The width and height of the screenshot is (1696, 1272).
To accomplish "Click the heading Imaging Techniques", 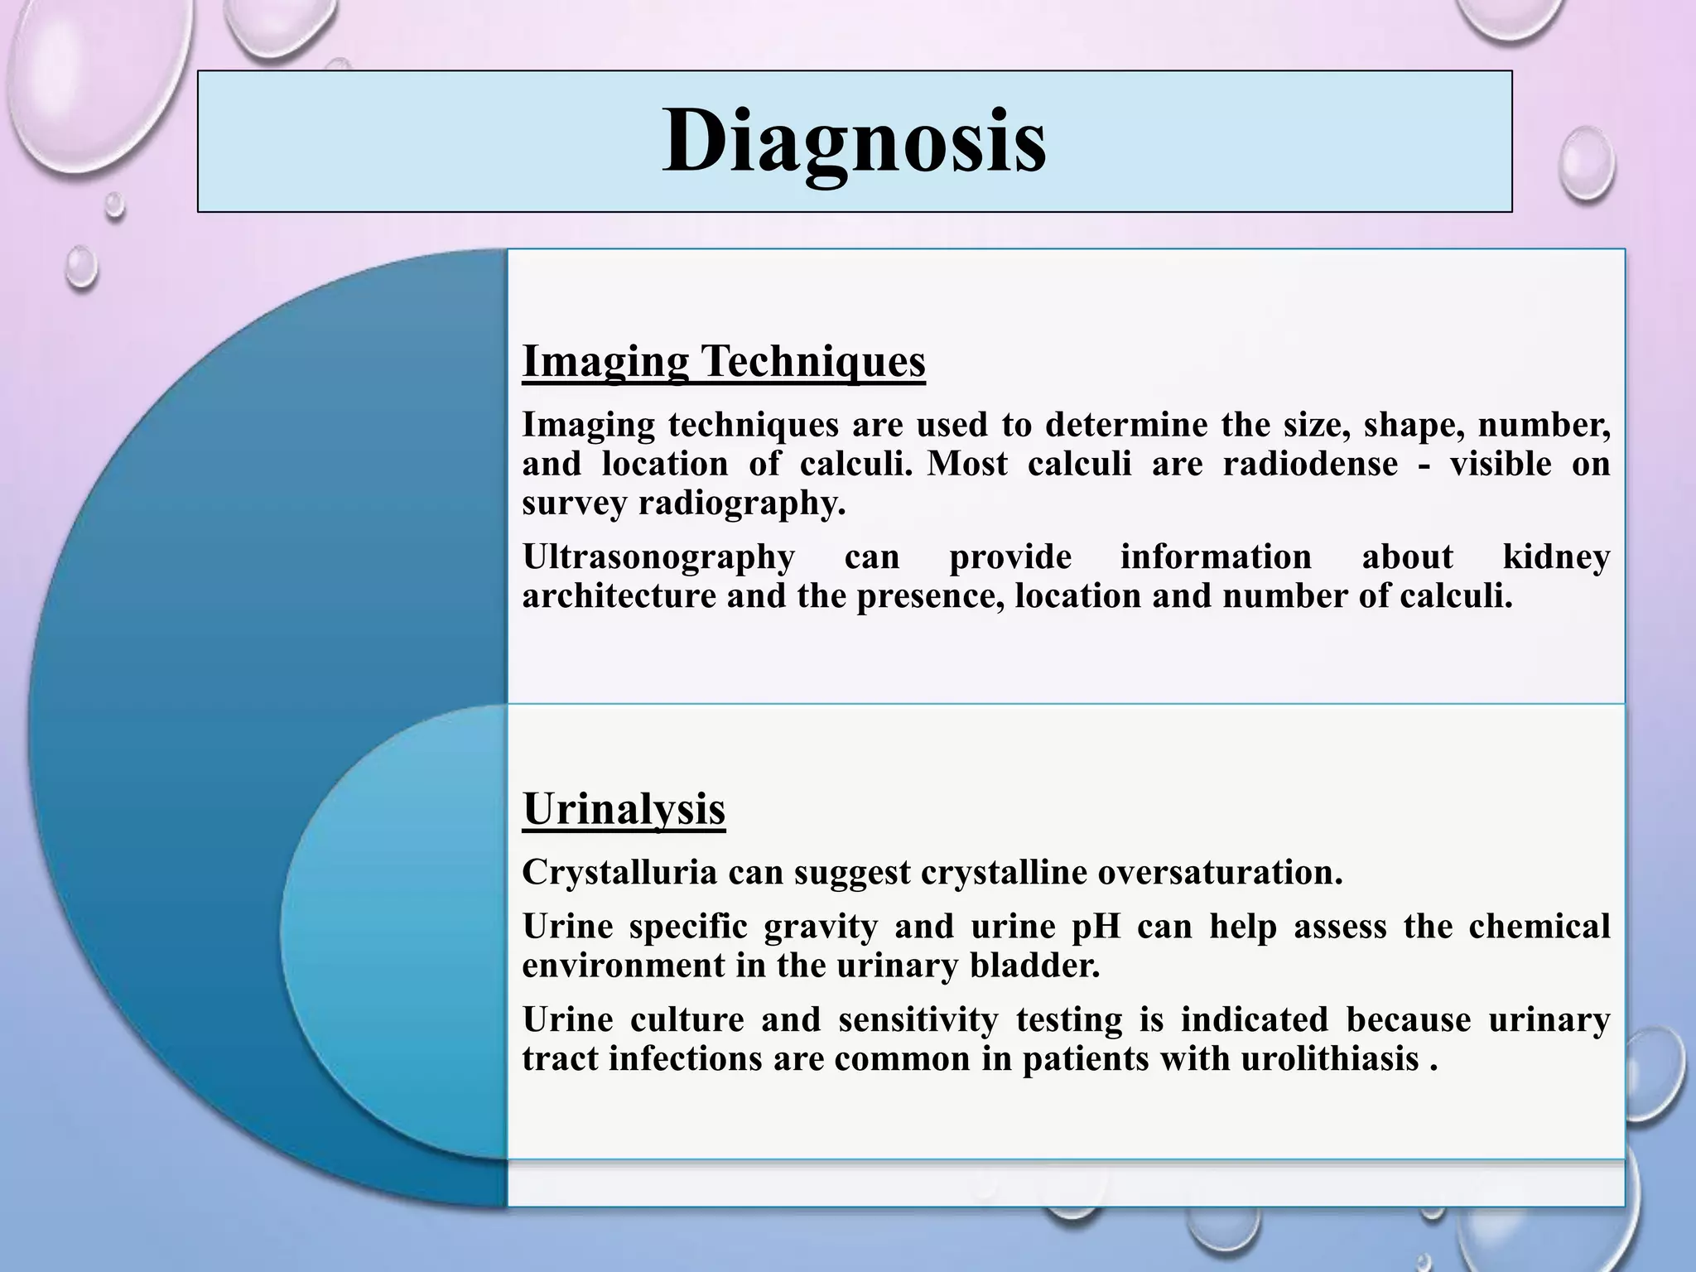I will click(x=723, y=361).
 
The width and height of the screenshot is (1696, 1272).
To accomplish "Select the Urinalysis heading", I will click(x=624, y=808).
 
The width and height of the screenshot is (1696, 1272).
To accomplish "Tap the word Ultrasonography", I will click(x=658, y=556).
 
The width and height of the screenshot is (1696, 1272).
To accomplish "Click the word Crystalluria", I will click(x=619, y=872).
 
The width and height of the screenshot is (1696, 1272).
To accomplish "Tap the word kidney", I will click(x=1556, y=556).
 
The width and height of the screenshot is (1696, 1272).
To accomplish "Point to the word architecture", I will click(x=619, y=596).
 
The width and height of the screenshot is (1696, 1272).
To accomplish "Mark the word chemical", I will click(x=1539, y=927).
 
